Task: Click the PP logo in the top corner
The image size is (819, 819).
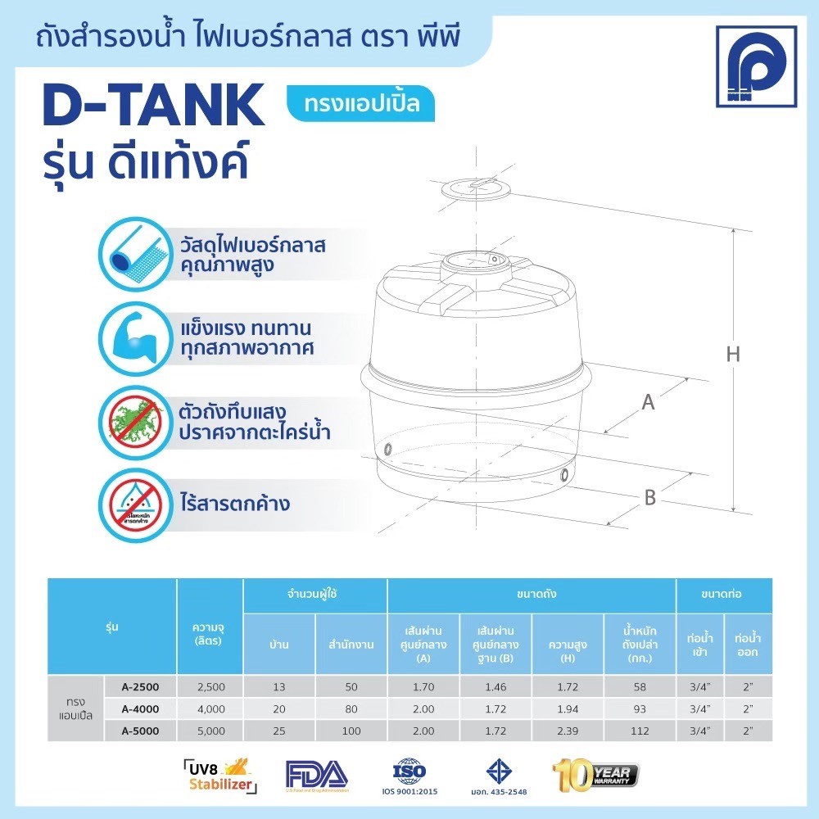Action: coord(756,66)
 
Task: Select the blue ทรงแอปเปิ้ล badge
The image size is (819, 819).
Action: coord(360,104)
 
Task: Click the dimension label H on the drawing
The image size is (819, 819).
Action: coord(733,355)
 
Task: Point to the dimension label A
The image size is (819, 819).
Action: coord(648,402)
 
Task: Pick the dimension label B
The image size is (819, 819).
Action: coord(649,497)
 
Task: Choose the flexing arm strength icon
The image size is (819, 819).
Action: coord(132,337)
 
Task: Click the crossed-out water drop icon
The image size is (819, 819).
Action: coord(132,503)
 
